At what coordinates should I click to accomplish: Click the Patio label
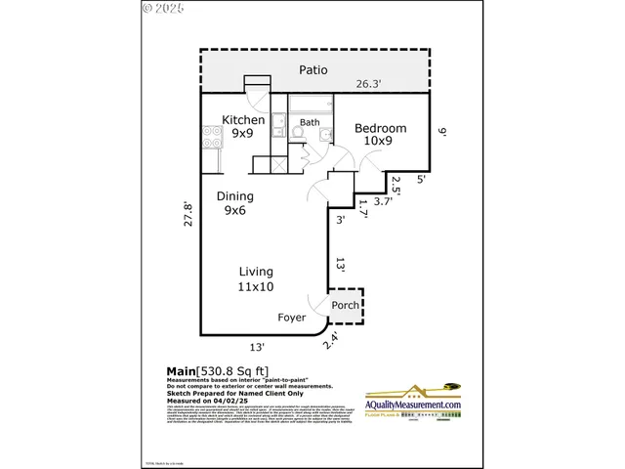(312, 70)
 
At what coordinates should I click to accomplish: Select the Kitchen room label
(243, 120)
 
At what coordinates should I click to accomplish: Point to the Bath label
(310, 123)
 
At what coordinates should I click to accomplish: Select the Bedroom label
(381, 128)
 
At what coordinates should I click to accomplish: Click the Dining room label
(235, 195)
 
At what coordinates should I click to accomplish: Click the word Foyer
(291, 318)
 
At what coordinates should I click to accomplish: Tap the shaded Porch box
(345, 305)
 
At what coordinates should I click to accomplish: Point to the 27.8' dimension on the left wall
(189, 214)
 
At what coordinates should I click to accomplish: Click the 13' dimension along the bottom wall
(258, 346)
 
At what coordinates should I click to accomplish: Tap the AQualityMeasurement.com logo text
(413, 405)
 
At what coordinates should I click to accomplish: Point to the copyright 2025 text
(162, 8)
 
